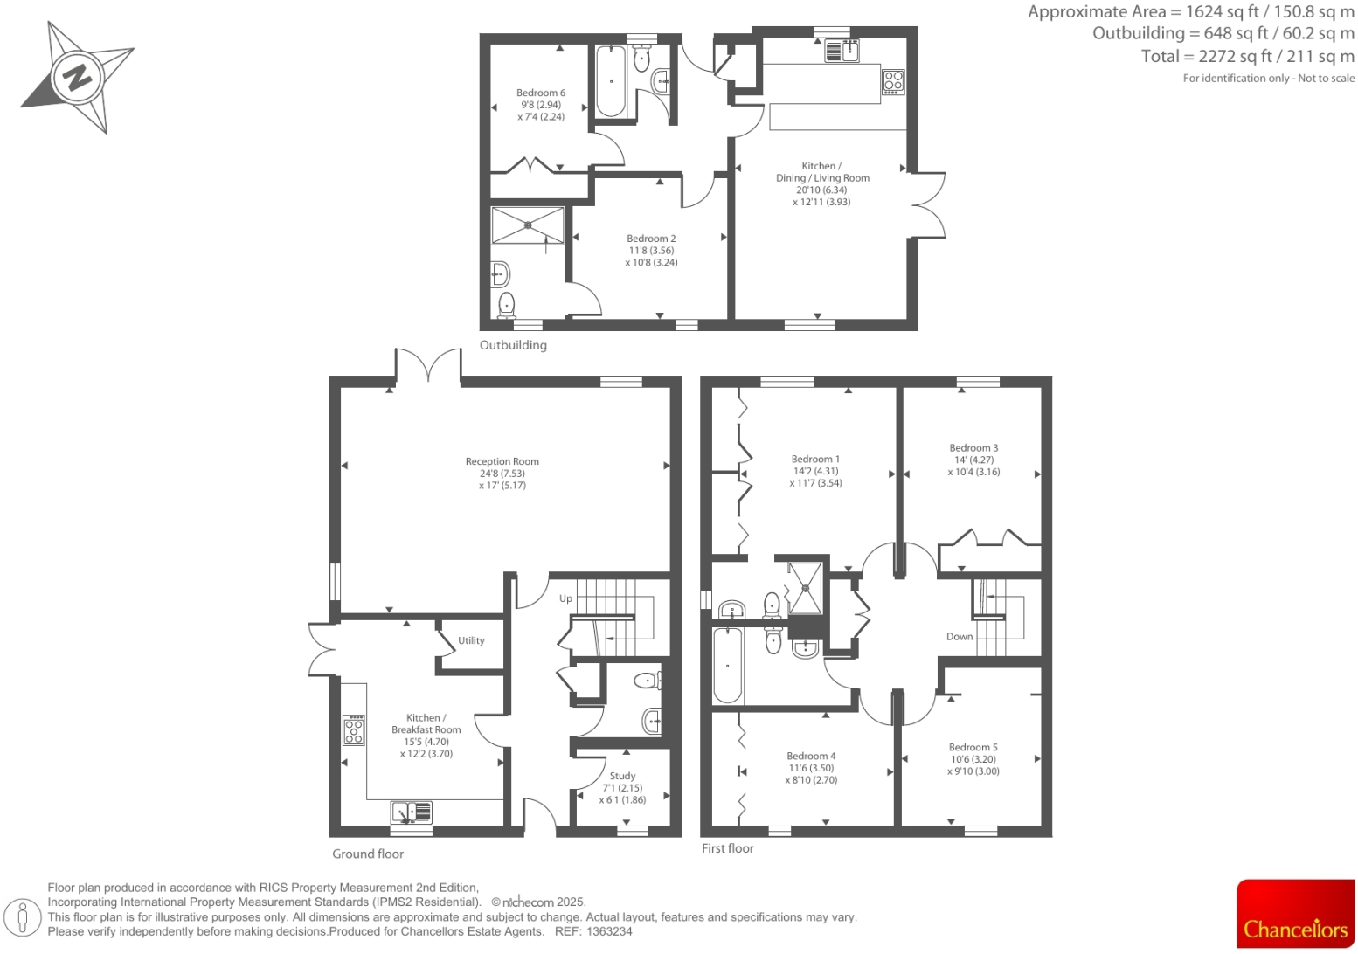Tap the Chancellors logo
tap(1295, 914)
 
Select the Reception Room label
tap(502, 462)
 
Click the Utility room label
tap(471, 640)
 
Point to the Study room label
tap(622, 776)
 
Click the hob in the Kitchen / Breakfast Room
tap(354, 730)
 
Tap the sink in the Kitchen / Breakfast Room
tap(411, 812)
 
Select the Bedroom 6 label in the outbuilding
tap(540, 93)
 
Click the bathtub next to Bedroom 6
tap(610, 80)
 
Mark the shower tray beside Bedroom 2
tap(527, 225)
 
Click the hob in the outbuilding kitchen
tap(892, 81)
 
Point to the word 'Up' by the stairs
tap(565, 598)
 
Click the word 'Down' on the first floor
tap(959, 637)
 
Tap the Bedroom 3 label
tap(973, 448)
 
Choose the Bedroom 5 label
tap(973, 748)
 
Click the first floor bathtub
tap(728, 666)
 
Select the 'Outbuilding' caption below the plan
tap(513, 345)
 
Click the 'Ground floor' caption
tap(368, 854)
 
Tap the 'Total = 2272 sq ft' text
tap(1247, 57)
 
